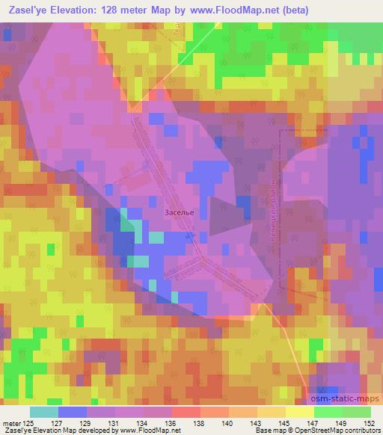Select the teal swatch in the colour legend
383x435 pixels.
click(x=44, y=412)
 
